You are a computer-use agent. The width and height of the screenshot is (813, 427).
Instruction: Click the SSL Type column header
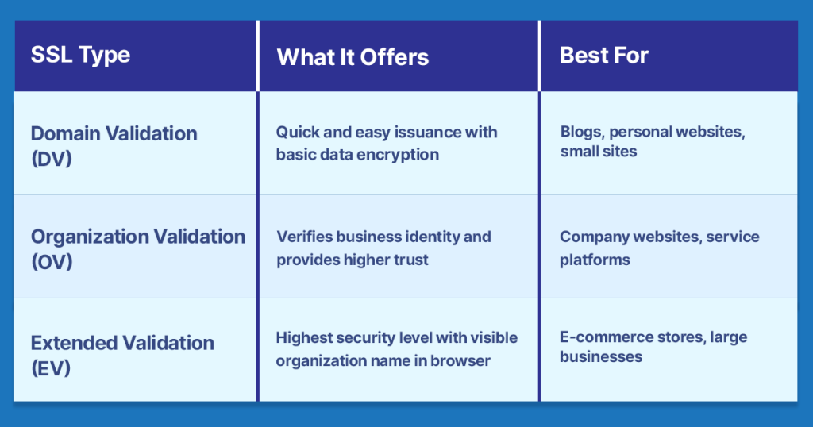pos(80,56)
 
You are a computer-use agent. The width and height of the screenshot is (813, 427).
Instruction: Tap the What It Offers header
pos(353,57)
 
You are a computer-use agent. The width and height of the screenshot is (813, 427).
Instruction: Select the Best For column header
pos(604,56)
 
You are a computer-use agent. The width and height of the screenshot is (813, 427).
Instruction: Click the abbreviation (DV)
pos(52,158)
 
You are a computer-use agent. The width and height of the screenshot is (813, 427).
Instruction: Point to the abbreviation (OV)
pos(52,261)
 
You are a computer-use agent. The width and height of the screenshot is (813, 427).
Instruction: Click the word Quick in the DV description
pos(295,132)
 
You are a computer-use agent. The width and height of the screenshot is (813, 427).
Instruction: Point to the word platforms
pos(595,260)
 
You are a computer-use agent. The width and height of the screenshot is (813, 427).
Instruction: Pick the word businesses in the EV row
pos(601,357)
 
